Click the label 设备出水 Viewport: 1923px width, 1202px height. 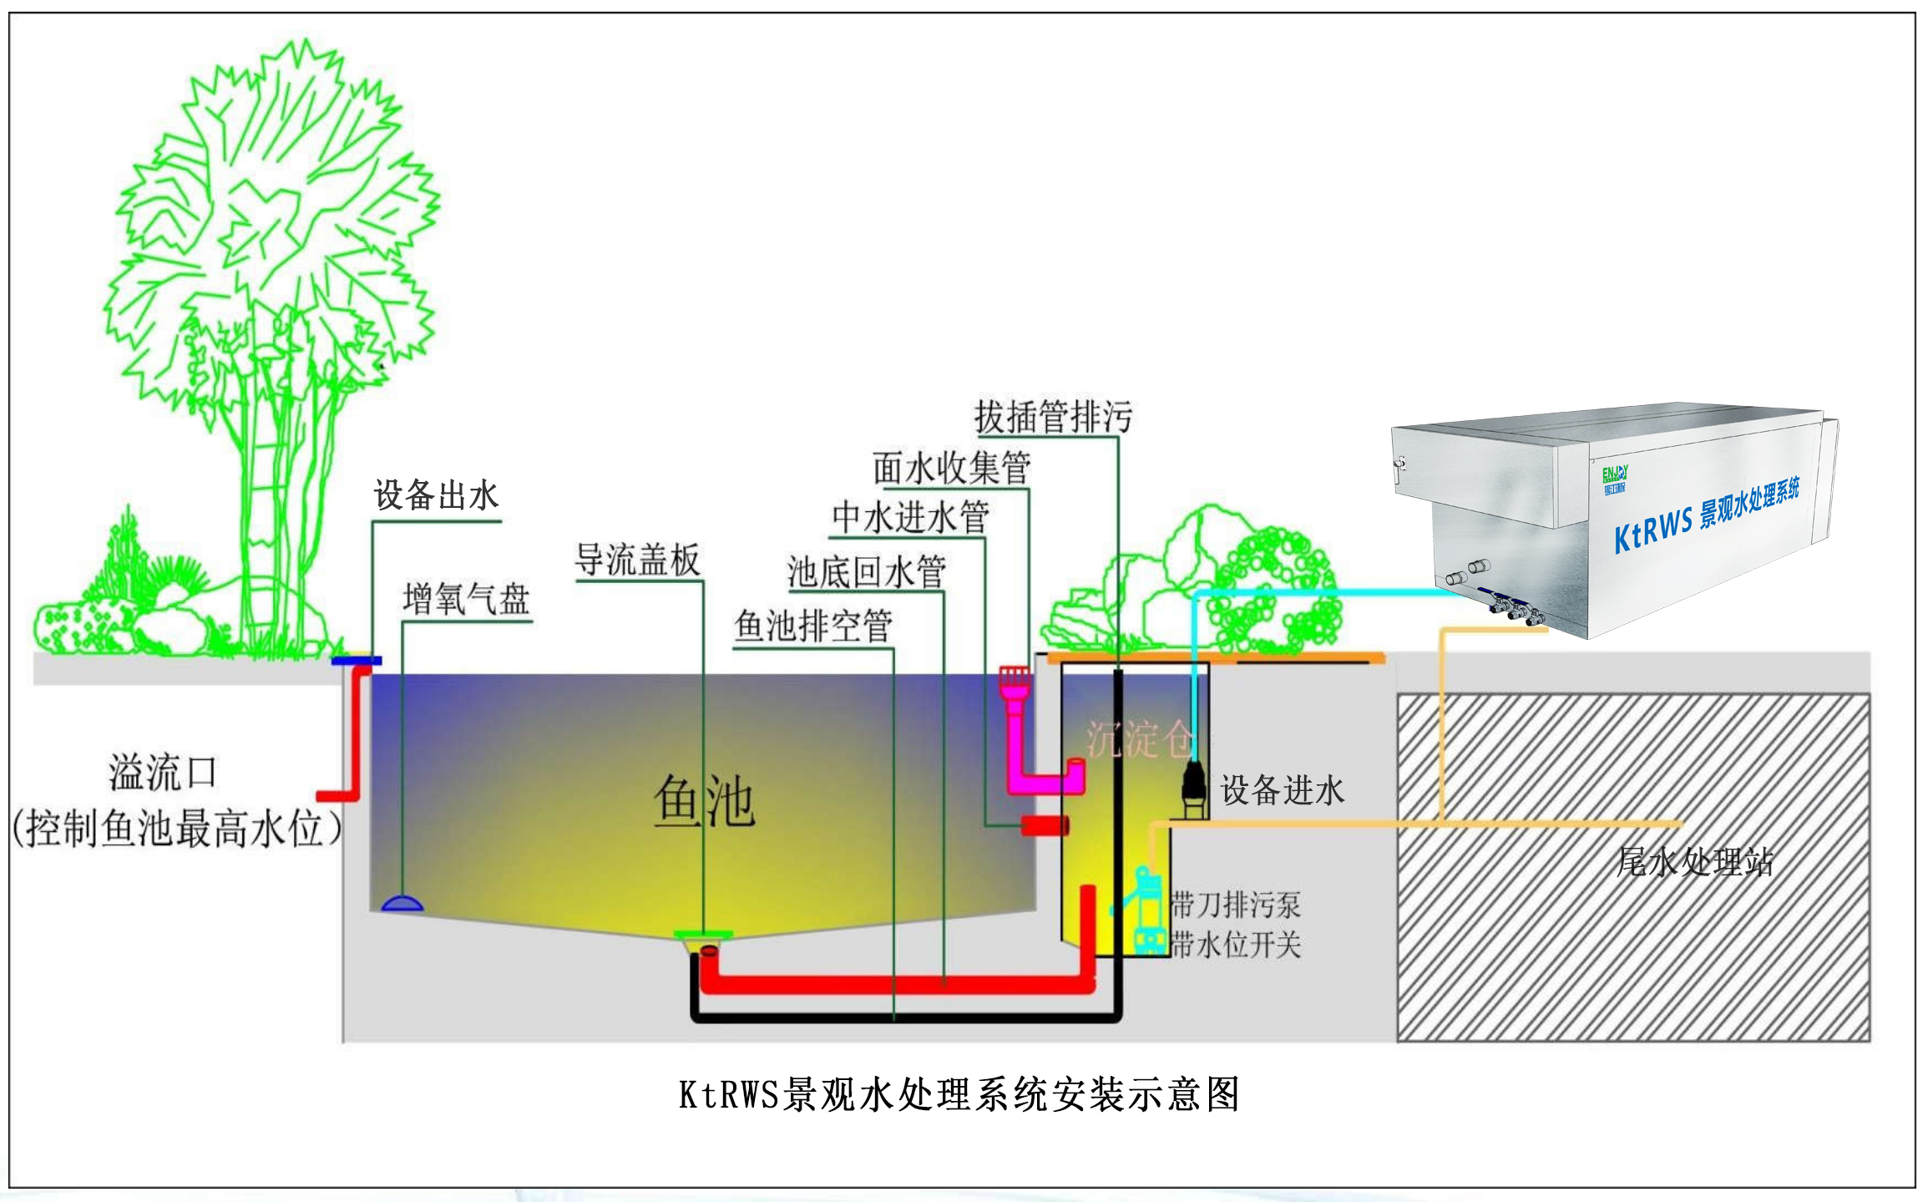pyautogui.click(x=435, y=495)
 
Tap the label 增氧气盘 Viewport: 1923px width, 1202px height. pyautogui.click(x=466, y=599)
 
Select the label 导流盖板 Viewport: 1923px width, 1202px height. pyautogui.click(x=637, y=560)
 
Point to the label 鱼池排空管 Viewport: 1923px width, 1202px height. pyautogui.click(x=812, y=626)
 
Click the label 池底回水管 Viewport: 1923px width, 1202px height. pyautogui.click(x=866, y=572)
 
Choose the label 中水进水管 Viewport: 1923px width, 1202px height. pyautogui.click(x=910, y=517)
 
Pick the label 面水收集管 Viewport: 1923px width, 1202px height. pyautogui.click(x=951, y=468)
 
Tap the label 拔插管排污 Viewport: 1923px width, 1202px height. pyautogui.click(x=1053, y=417)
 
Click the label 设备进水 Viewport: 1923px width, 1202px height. pyautogui.click(x=1282, y=789)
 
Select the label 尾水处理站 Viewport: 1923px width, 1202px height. pyautogui.click(x=1694, y=861)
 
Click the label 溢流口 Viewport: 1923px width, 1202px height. pyautogui.click(x=163, y=773)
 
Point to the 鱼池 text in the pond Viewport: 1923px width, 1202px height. pyautogui.click(x=704, y=801)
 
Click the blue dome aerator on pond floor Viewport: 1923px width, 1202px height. pyautogui.click(x=402, y=903)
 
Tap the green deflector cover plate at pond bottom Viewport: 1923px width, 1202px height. pyautogui.click(x=703, y=935)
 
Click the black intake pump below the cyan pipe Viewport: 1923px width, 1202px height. pyautogui.click(x=1194, y=787)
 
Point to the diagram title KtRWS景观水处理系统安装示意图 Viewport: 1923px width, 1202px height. pyautogui.click(x=959, y=1094)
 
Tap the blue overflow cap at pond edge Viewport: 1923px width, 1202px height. pyautogui.click(x=356, y=661)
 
